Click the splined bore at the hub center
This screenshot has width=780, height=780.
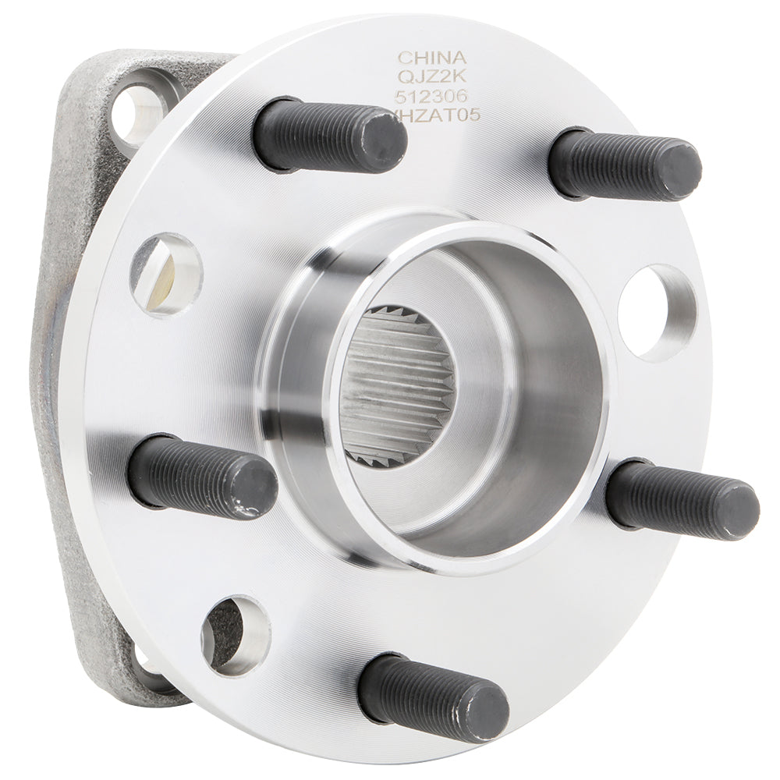click(x=398, y=386)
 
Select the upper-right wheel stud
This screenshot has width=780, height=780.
click(x=624, y=164)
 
